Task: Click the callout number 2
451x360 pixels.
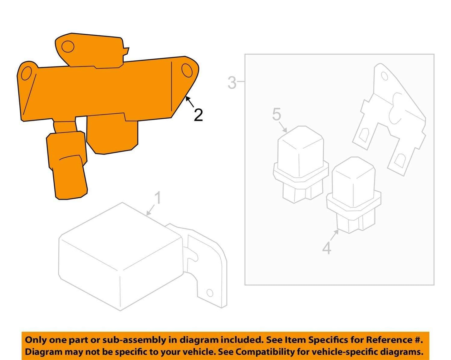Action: pos(198,115)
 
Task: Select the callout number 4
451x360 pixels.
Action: pos(327,249)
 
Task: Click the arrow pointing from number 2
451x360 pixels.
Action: pos(190,101)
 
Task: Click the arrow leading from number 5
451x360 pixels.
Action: pos(283,127)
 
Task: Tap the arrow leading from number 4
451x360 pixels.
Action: pos(335,235)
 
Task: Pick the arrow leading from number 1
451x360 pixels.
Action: pos(151,210)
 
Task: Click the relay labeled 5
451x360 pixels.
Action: pos(301,165)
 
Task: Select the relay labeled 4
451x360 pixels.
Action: pos(354,195)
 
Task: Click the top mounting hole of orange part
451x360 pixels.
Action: pos(68,47)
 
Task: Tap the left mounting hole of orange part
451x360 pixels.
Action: pos(27,73)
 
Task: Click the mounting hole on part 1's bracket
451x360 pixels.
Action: pos(210,293)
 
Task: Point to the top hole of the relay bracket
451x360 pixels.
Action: pos(384,76)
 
